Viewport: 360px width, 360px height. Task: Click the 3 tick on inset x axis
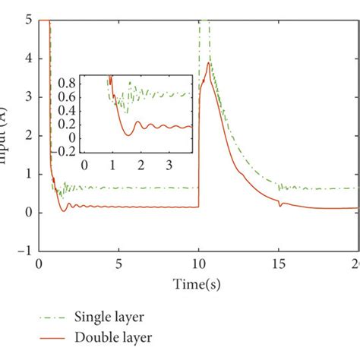pos(170,165)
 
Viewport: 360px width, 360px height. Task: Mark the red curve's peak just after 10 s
pos(208,63)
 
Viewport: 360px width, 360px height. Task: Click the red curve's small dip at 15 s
pos(279,206)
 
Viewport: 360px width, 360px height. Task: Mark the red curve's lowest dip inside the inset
pos(128,134)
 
